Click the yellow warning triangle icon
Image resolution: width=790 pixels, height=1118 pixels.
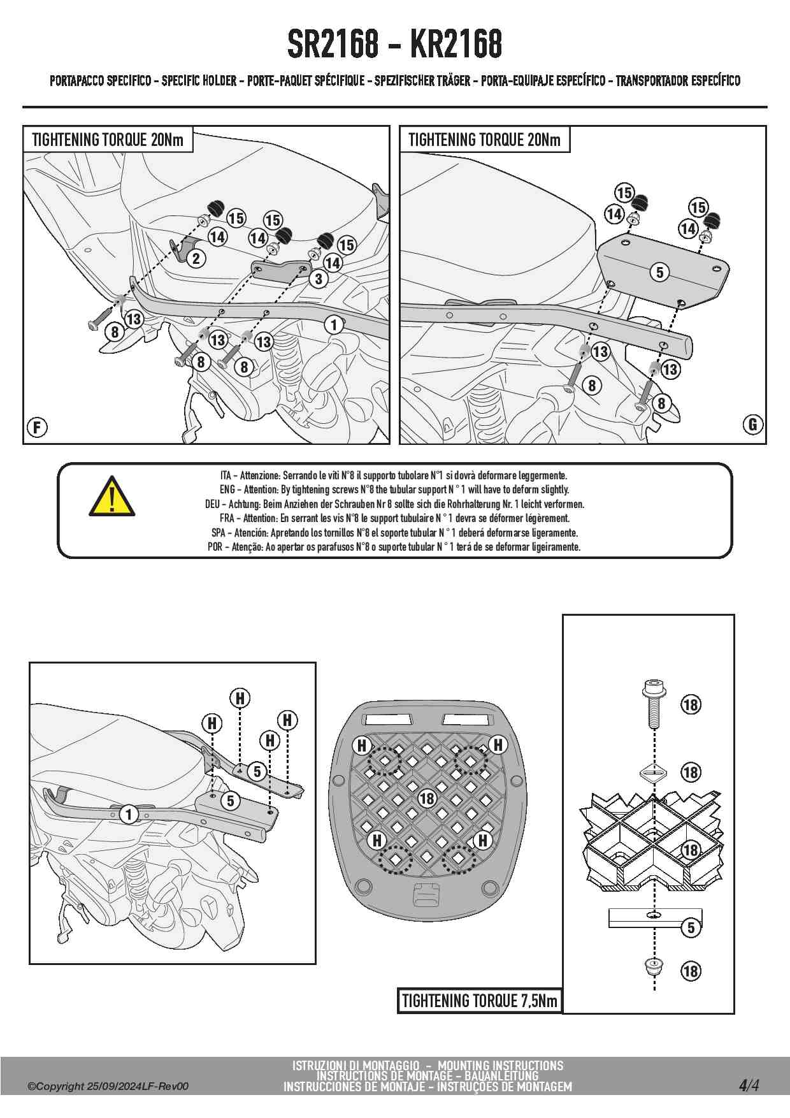(111, 497)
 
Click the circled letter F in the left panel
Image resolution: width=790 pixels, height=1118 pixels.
(37, 427)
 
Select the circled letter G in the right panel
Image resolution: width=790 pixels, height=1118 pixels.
(753, 425)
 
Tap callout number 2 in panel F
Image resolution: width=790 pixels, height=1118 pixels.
(196, 258)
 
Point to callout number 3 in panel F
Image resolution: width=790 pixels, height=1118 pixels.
(319, 279)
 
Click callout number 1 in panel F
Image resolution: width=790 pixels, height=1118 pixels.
(334, 324)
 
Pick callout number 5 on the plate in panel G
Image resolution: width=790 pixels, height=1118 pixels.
(659, 272)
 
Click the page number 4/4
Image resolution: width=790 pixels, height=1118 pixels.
(749, 1085)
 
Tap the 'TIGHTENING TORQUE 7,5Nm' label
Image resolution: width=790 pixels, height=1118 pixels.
(480, 1001)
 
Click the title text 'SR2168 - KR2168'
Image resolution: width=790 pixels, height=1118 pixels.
(394, 45)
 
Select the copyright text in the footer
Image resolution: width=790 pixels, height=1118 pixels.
(108, 1086)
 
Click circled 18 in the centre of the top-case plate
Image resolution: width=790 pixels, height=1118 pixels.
(427, 798)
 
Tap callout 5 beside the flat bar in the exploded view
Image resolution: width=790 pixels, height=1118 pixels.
(691, 927)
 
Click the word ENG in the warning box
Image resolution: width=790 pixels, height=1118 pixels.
(227, 490)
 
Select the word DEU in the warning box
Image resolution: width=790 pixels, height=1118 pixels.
(212, 504)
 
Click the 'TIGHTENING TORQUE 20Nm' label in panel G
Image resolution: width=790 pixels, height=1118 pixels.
(484, 140)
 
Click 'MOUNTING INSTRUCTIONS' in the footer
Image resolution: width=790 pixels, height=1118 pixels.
(500, 1065)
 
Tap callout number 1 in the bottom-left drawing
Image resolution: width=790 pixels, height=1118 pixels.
(129, 814)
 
